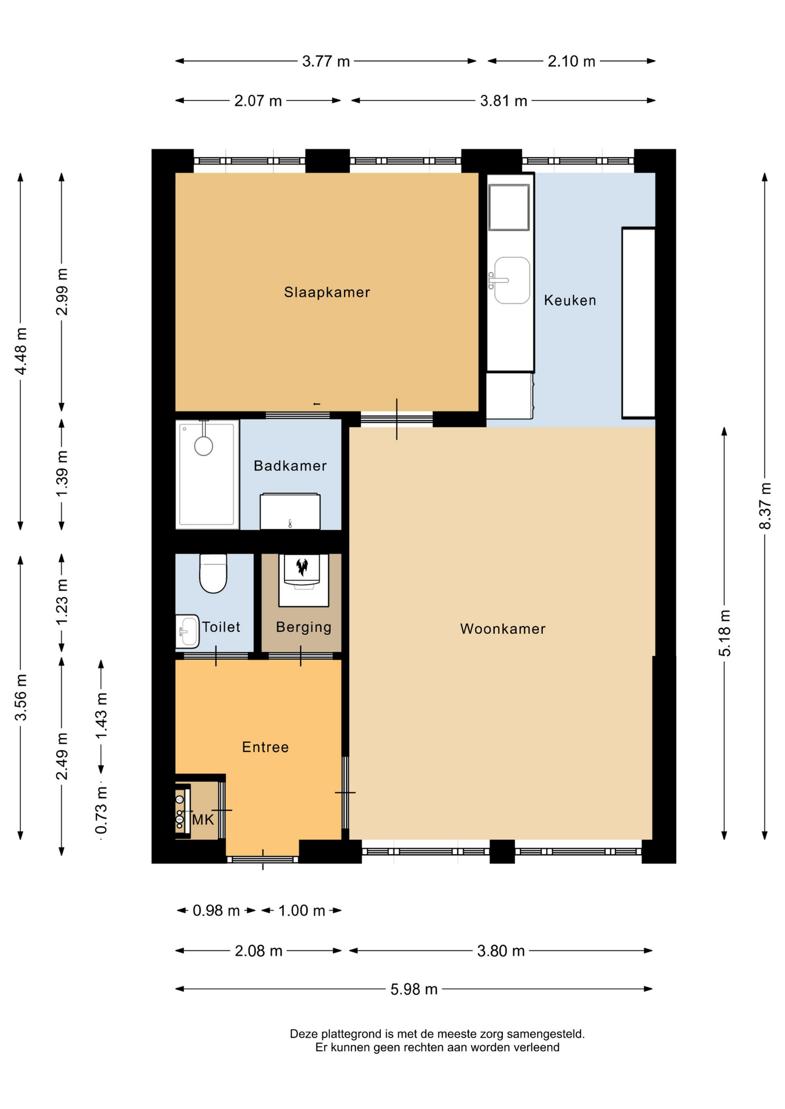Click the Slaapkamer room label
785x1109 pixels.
(x=327, y=292)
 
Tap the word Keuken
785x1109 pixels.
(x=570, y=300)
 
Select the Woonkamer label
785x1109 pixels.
(x=502, y=629)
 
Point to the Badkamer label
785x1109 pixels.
(x=290, y=466)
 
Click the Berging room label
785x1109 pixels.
(x=303, y=627)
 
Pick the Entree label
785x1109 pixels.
(x=265, y=747)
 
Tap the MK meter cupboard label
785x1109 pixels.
(x=203, y=820)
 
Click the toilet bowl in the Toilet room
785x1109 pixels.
(x=213, y=574)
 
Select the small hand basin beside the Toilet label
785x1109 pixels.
(x=187, y=631)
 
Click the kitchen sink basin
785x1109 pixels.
(x=512, y=280)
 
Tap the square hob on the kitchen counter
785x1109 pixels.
(x=509, y=207)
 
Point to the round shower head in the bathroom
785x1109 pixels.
(x=203, y=446)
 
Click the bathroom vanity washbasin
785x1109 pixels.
(x=290, y=511)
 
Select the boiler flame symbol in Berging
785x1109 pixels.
(x=302, y=567)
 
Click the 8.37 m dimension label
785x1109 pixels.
(x=765, y=506)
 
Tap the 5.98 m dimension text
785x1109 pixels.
(x=414, y=989)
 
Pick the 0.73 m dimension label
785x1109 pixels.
(x=101, y=810)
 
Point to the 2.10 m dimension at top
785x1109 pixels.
(x=571, y=61)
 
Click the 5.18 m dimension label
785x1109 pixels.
(x=724, y=633)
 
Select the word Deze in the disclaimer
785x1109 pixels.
(x=304, y=1034)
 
